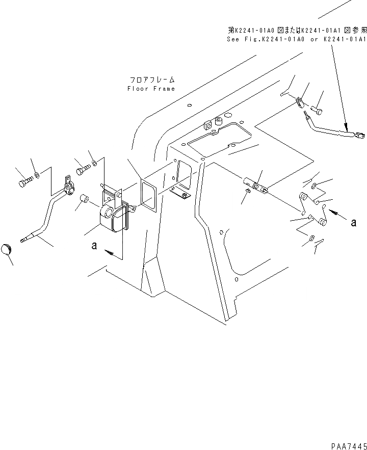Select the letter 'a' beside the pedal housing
[93, 246]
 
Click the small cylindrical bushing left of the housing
[86, 198]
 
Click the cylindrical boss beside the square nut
[219, 122]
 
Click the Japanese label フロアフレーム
[152, 80]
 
